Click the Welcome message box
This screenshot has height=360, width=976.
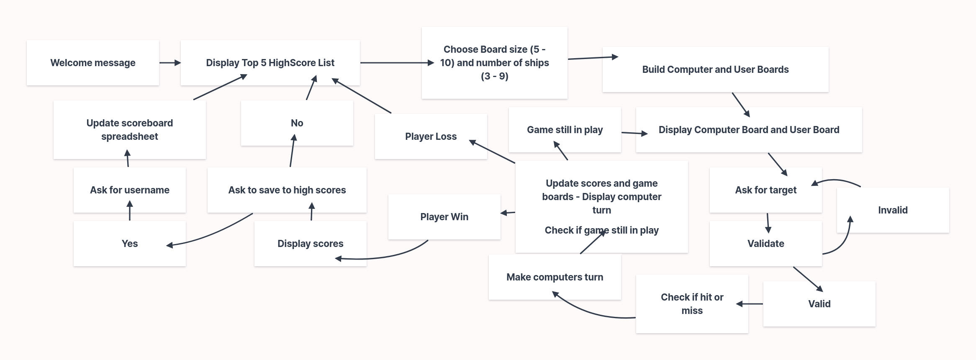[92, 63]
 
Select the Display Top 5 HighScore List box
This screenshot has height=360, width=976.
[270, 63]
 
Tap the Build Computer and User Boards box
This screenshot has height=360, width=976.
[715, 69]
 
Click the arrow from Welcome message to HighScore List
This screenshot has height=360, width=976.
[170, 63]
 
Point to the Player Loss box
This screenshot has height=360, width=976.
[431, 136]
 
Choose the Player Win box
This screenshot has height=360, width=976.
[444, 217]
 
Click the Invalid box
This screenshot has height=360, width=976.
[893, 210]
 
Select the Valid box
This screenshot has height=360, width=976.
[819, 304]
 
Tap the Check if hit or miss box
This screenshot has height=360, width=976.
[692, 304]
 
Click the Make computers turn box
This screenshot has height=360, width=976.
[555, 277]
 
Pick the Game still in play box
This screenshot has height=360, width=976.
[565, 130]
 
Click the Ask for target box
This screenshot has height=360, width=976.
[765, 190]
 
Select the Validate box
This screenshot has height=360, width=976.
[765, 244]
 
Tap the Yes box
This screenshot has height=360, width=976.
[129, 244]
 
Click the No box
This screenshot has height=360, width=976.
[297, 123]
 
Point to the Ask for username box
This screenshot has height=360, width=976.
[129, 190]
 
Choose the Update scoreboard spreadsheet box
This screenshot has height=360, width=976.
[129, 130]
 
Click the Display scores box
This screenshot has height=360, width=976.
[310, 244]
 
